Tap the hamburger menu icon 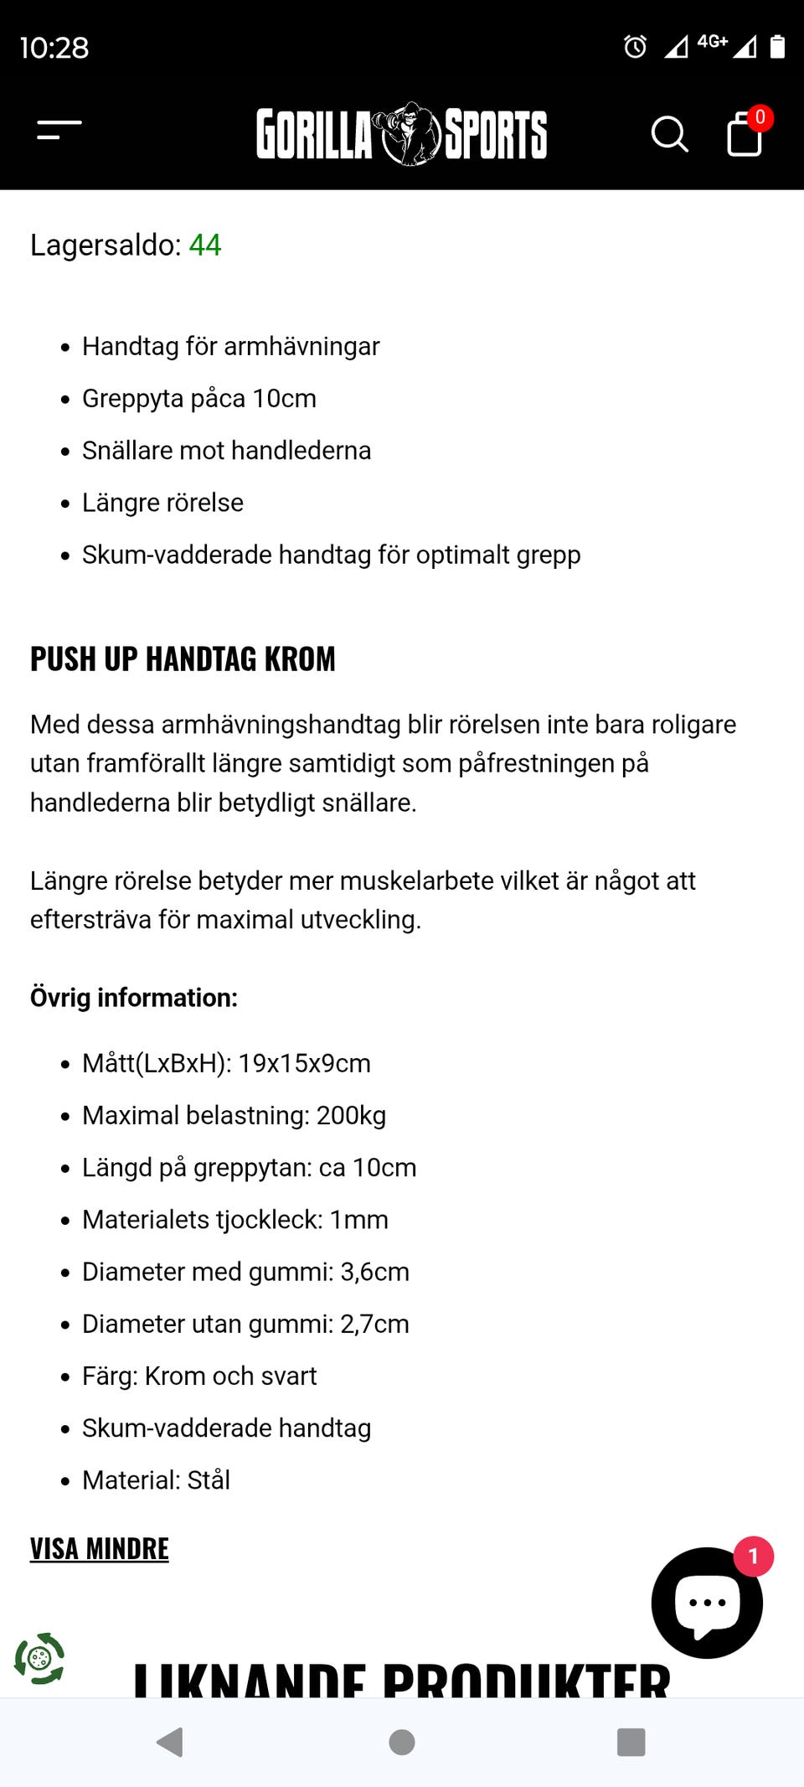point(59,131)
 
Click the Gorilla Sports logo point(401,134)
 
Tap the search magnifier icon point(669,134)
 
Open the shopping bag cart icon point(744,134)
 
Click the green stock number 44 point(205,245)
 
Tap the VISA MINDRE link point(100,1549)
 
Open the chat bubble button point(707,1603)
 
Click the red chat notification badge point(753,1557)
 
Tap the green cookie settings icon point(39,1658)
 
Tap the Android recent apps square point(631,1743)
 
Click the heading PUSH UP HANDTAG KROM point(183,659)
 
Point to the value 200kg point(351,1116)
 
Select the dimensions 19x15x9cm point(304,1064)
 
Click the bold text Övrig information point(134,998)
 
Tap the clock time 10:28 point(54,48)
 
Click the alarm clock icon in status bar point(635,47)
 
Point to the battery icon point(777,47)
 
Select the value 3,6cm point(374,1273)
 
